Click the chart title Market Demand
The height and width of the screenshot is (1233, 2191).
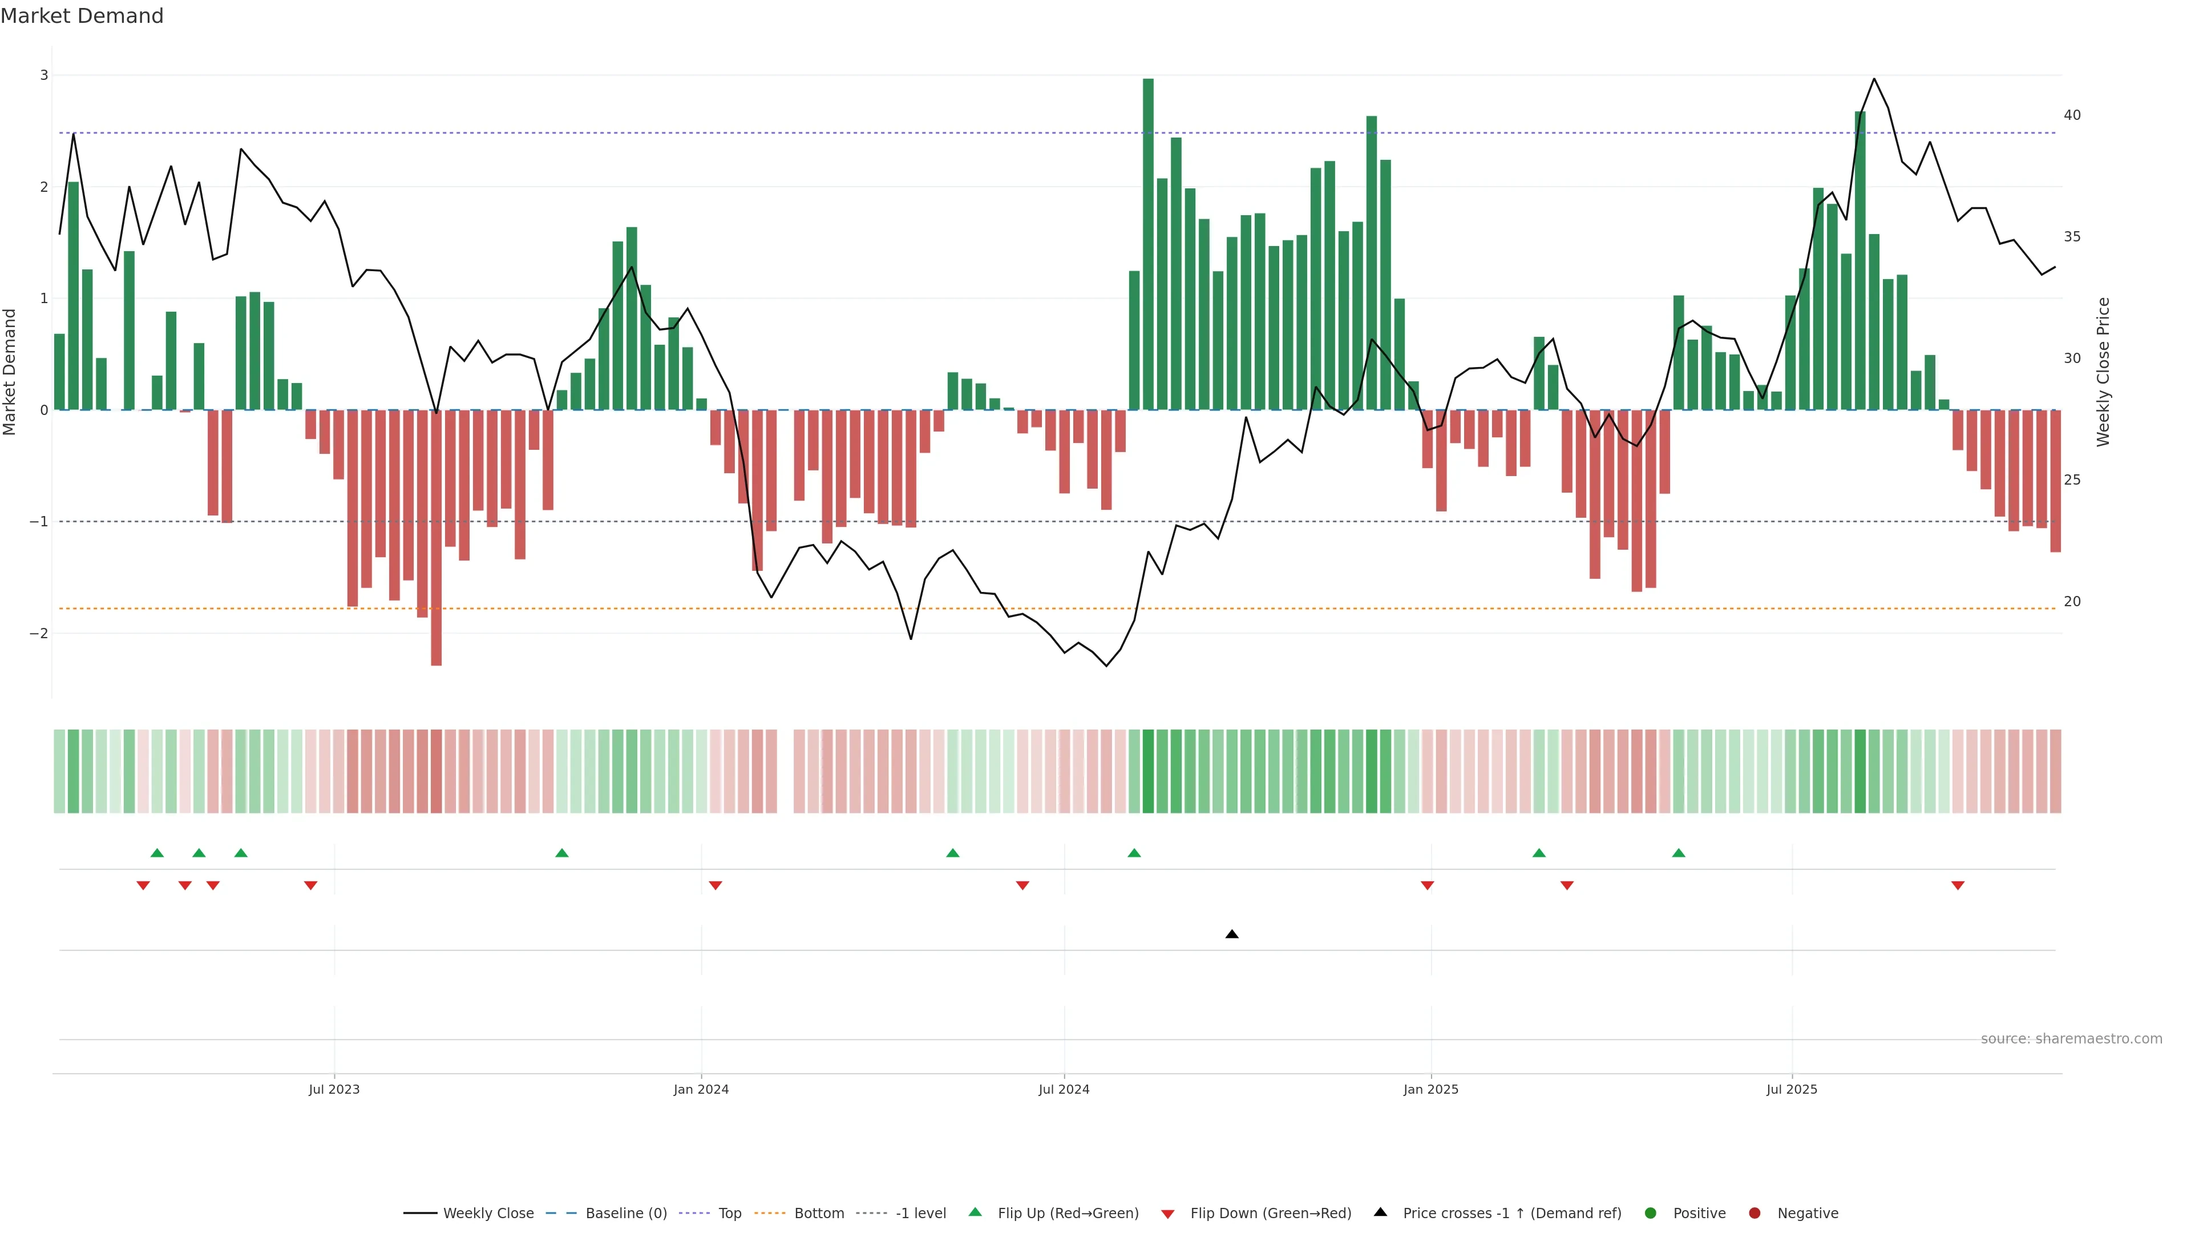82,16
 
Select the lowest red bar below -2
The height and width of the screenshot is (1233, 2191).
436,538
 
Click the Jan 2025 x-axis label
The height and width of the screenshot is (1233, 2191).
1430,1089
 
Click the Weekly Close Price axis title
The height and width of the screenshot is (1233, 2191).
2103,372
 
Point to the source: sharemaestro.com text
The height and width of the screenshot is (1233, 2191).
2071,1039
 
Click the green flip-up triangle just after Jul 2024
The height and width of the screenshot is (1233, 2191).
1134,853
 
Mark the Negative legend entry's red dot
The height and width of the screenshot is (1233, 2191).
1754,1214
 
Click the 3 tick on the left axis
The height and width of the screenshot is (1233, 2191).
45,75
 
